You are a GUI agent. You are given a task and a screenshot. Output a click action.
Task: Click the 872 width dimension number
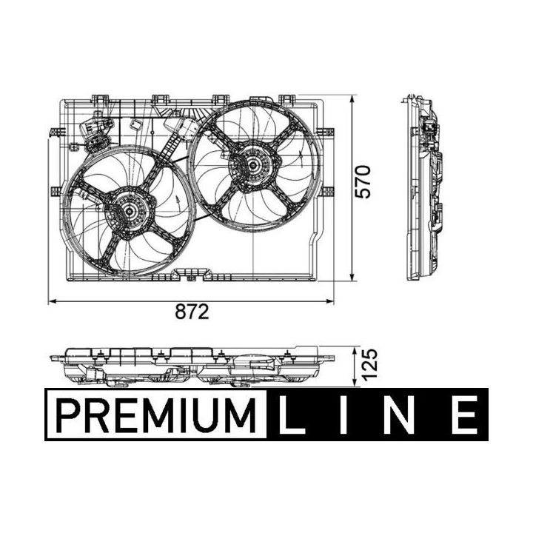click(x=192, y=312)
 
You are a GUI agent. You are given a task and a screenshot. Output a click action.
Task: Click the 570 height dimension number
click(x=362, y=182)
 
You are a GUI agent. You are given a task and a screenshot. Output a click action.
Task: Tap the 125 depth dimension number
click(x=369, y=364)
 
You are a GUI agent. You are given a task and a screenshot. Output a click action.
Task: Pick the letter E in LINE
click(x=464, y=415)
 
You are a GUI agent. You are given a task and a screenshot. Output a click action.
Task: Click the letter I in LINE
click(x=344, y=415)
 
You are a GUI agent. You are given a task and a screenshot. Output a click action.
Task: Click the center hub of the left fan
click(x=130, y=211)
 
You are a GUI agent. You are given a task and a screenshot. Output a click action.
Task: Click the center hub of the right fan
click(x=253, y=166)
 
